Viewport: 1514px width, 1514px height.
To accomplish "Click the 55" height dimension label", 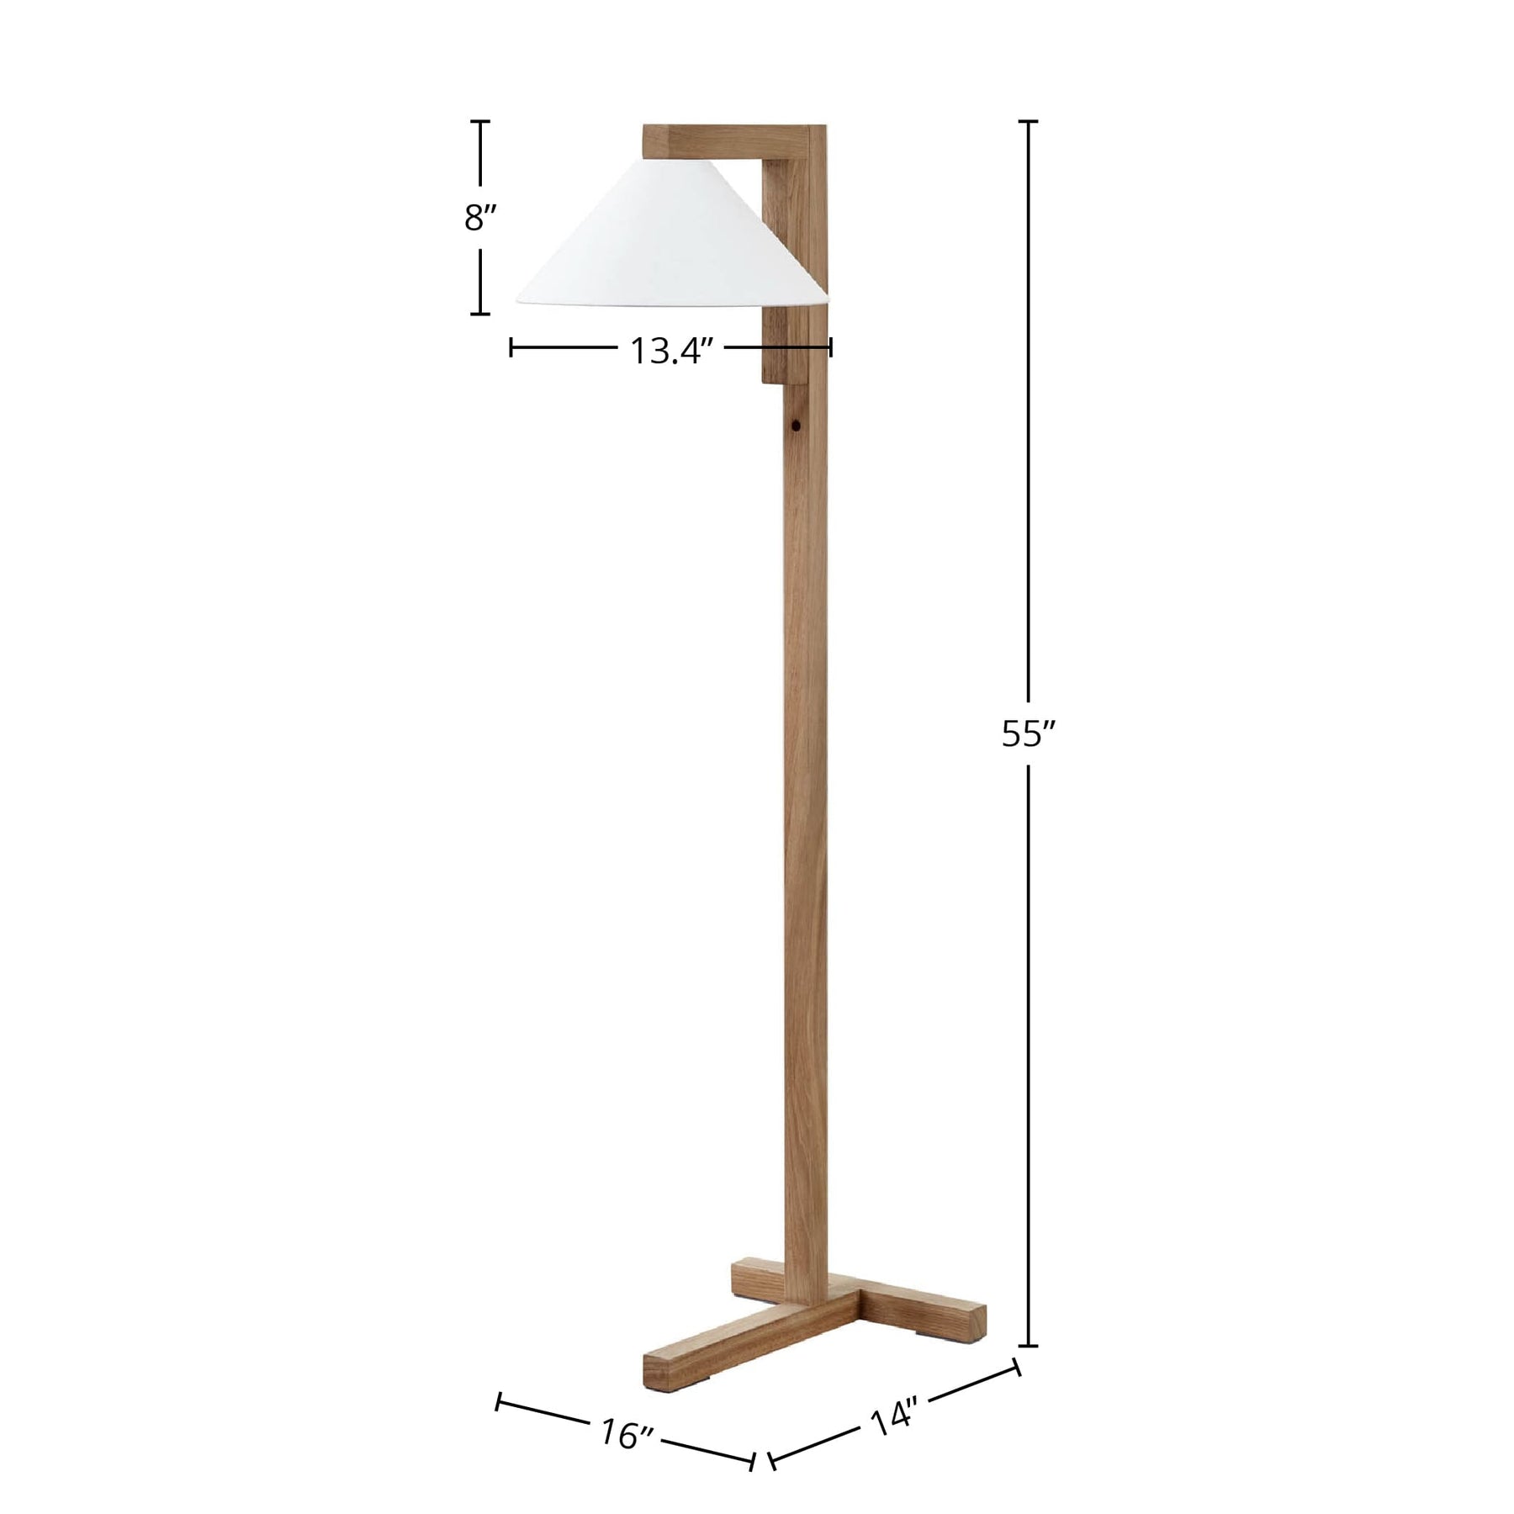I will [1027, 734].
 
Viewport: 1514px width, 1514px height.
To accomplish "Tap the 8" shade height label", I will [481, 218].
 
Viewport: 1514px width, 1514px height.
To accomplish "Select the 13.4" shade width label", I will [671, 350].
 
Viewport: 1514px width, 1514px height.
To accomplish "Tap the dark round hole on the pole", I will [795, 426].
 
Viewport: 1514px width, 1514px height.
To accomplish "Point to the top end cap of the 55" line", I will [1028, 122].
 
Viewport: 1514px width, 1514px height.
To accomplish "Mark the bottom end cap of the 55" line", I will [1028, 1346].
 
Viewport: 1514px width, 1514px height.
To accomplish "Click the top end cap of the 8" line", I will [480, 122].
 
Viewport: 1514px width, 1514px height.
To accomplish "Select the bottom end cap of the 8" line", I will [480, 314].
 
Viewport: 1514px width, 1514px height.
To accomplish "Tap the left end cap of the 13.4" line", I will [511, 347].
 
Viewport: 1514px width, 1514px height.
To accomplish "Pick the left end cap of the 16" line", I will [499, 1401].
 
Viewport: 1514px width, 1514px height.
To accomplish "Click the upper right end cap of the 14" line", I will [1018, 1367].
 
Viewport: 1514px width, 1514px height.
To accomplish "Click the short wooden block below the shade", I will [782, 345].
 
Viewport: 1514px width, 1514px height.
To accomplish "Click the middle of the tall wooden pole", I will [806, 799].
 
